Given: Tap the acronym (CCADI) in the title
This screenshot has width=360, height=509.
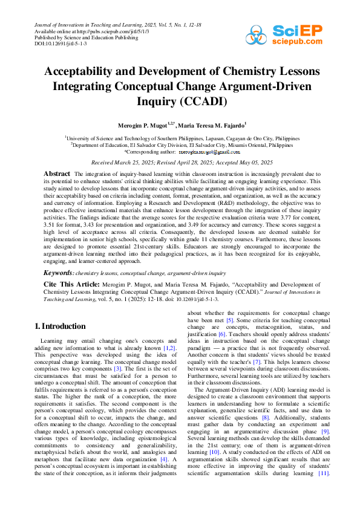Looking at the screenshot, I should pos(201,101).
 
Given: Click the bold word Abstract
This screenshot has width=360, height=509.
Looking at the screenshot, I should pos(57,173).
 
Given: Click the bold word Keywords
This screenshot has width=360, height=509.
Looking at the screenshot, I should pos(59,274).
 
